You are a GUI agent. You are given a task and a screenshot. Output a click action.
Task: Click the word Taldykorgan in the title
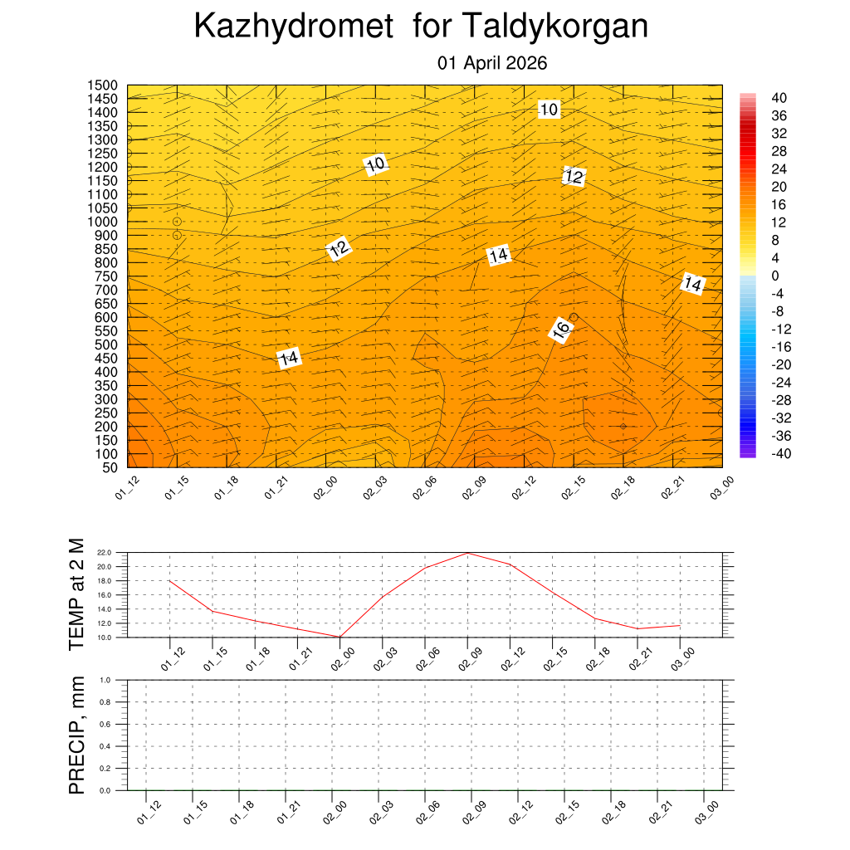[554, 27]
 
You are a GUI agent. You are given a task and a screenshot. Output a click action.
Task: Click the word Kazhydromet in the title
[293, 27]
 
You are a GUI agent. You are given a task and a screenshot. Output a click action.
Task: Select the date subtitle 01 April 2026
[492, 63]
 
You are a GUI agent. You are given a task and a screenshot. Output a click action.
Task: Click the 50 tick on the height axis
[109, 467]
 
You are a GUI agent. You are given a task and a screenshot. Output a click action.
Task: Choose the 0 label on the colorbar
[775, 276]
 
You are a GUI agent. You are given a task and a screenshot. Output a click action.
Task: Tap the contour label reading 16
[561, 330]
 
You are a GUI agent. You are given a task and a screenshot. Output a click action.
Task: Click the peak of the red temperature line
[467, 553]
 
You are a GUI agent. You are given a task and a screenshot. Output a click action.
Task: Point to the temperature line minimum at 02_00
[340, 637]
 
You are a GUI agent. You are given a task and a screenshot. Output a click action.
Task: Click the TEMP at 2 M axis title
[76, 594]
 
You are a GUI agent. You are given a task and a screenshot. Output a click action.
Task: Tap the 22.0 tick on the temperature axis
[104, 553]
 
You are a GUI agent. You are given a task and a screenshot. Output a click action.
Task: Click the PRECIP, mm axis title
[76, 735]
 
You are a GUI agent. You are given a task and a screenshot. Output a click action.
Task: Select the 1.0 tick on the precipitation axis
[105, 680]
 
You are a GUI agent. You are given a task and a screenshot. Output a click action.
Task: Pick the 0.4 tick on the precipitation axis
[105, 746]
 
